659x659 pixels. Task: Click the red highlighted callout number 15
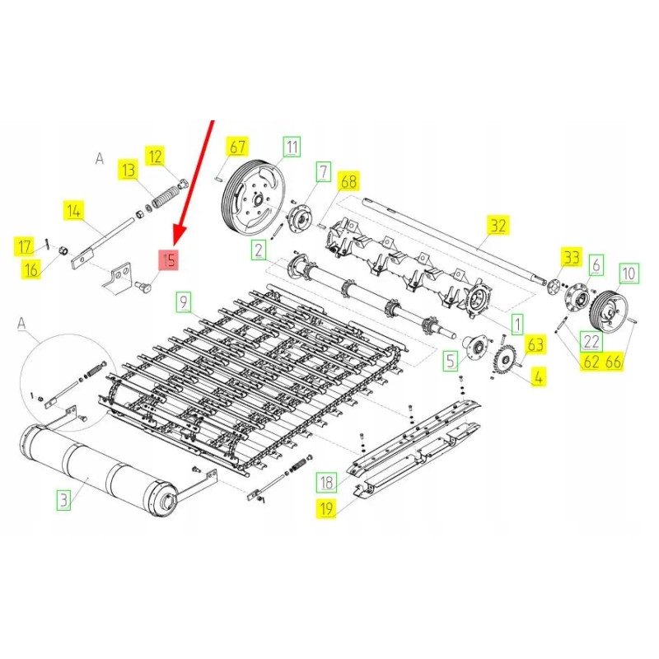coord(169,260)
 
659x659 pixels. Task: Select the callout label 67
coord(237,148)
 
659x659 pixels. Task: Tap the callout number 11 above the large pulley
coord(292,147)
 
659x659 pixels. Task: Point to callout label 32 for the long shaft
coord(498,225)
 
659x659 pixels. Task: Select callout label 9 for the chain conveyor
coord(183,301)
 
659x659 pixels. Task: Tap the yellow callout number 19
coord(327,510)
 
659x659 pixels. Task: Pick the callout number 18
coord(327,483)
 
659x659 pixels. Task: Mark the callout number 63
coord(535,344)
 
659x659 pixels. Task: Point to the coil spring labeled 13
coord(165,199)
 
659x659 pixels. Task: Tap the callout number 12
coord(156,154)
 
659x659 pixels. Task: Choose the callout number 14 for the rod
coord(74,212)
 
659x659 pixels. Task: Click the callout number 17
coord(25,245)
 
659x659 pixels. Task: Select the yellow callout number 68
coord(349,180)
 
